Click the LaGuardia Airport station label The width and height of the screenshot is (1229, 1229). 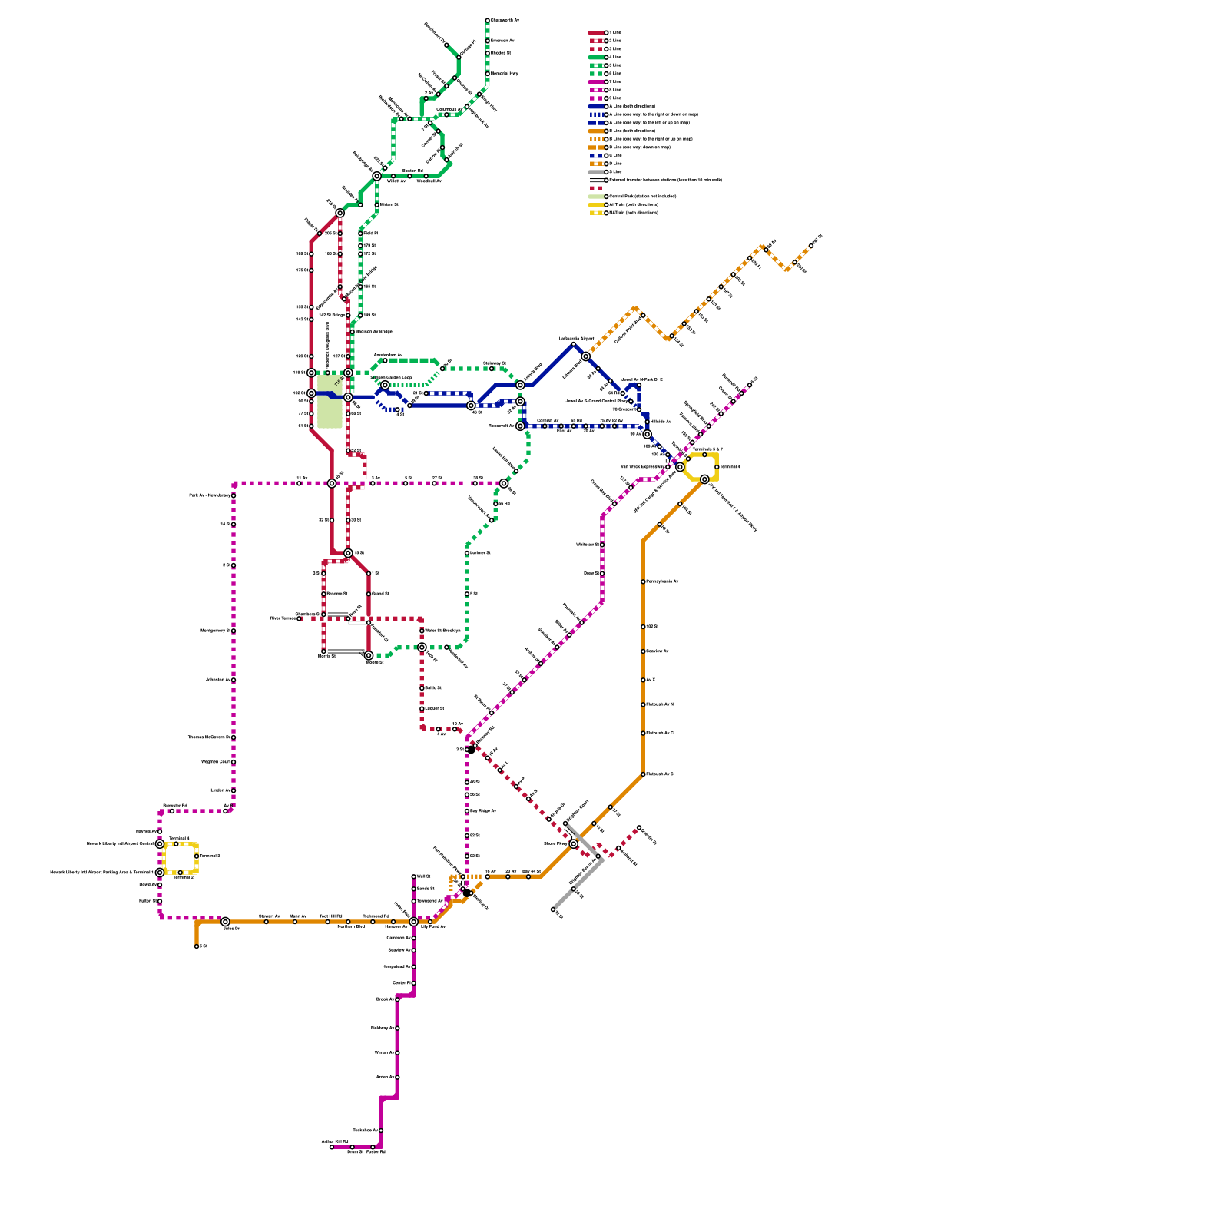point(576,338)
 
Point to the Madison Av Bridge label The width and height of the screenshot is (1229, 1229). point(374,332)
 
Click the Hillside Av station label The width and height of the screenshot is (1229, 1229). point(661,422)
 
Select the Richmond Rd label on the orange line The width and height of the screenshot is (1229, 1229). point(376,916)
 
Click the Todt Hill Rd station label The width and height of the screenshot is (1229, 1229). point(331,916)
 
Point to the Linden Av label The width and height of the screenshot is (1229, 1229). point(220,790)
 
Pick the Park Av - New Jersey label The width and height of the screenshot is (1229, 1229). point(209,495)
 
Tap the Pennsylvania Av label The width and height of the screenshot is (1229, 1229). point(662,581)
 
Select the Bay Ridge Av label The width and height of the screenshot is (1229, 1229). point(482,811)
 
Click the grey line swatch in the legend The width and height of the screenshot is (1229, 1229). point(597,172)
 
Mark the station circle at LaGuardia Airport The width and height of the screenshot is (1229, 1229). point(573,344)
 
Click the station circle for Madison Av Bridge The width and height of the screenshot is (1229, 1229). point(352,332)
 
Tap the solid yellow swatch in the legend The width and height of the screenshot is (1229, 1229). point(597,205)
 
